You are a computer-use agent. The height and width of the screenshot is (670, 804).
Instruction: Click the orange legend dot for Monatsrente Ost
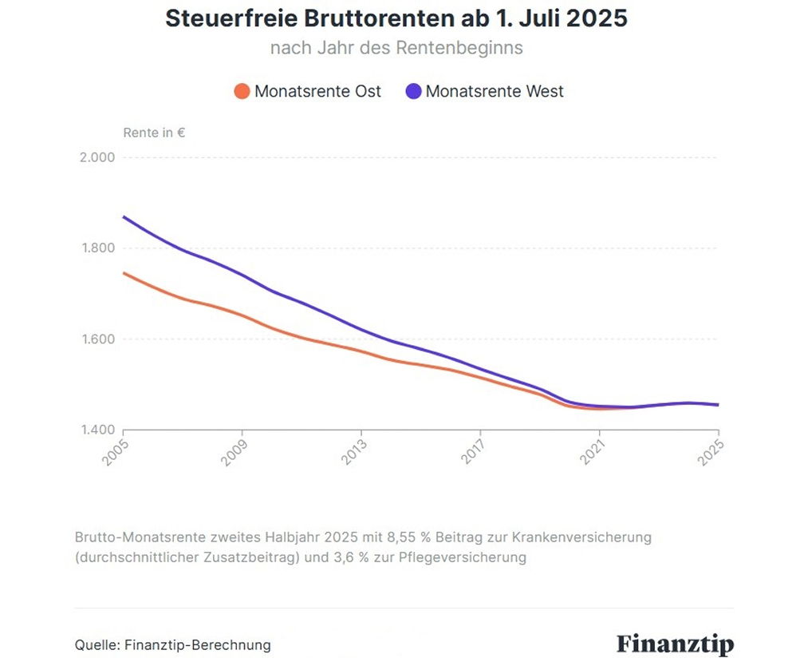tap(242, 91)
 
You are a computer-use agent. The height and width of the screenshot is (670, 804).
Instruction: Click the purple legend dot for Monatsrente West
tap(413, 91)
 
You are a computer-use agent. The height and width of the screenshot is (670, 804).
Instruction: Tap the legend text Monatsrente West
tap(495, 91)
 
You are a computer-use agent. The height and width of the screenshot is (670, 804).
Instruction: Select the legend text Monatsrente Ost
tap(317, 91)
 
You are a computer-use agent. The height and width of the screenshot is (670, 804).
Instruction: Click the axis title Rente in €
tap(154, 133)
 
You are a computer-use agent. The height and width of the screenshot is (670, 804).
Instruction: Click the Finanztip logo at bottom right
tap(675, 644)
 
